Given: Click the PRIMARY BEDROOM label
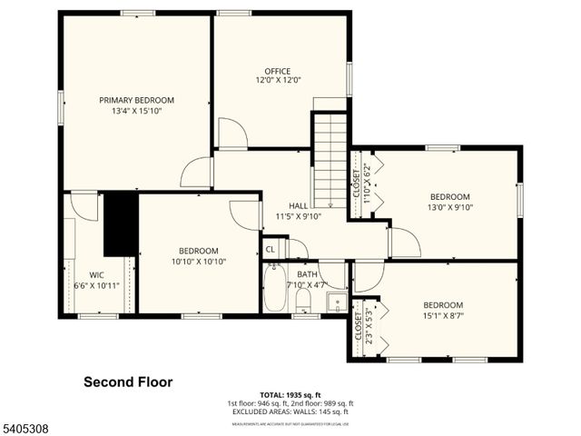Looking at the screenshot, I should [x=136, y=100].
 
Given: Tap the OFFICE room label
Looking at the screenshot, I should [x=277, y=71].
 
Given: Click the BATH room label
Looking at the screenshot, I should [x=307, y=274].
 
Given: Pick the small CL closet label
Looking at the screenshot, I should [x=271, y=249].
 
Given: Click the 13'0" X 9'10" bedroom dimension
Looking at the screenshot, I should [x=449, y=207].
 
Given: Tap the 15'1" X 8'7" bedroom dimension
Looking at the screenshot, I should [x=442, y=315].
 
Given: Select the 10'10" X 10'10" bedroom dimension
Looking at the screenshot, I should [x=198, y=262].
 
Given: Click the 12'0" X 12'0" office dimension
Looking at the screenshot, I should [x=277, y=80].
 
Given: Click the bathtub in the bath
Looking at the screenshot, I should [x=274, y=289].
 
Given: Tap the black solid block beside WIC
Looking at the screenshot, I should [x=120, y=223].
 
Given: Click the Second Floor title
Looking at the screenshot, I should [x=128, y=382].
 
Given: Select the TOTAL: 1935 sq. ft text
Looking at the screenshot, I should [x=290, y=395].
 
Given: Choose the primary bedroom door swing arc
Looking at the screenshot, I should [x=196, y=172].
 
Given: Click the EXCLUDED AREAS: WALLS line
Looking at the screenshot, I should [x=290, y=411].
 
